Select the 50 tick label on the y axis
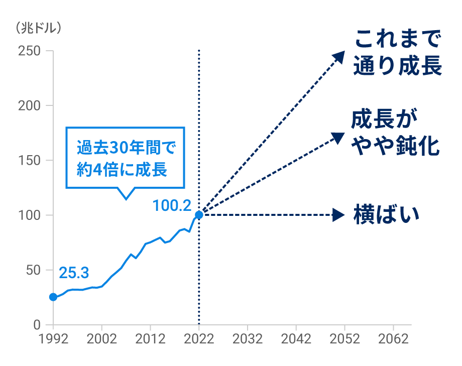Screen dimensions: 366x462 point(33,270)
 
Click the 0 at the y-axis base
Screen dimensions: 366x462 point(37,325)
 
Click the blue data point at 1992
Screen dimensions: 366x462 point(53,297)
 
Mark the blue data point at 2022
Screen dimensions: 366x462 point(199,215)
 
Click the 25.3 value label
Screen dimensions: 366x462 point(74,273)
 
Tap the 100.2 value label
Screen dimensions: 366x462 point(172,205)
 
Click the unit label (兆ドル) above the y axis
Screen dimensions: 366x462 point(39,28)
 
